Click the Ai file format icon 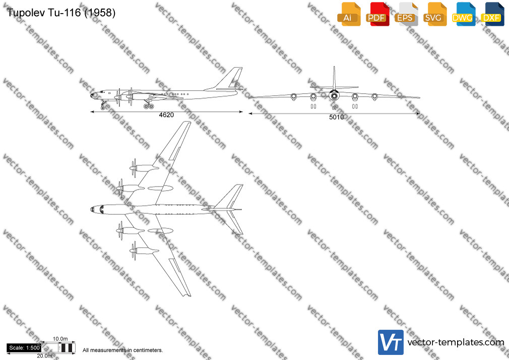[349, 14]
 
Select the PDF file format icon [377, 14]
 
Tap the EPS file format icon [406, 14]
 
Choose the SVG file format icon [434, 14]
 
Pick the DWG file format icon [463, 14]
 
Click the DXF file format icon [492, 14]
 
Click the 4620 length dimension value [166, 115]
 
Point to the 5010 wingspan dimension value [336, 117]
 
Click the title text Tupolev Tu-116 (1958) [61, 13]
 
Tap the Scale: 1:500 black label [24, 348]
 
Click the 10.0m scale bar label [60, 339]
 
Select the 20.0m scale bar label [44, 356]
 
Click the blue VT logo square [391, 342]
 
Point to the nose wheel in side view [103, 108]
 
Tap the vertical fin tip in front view [334, 67]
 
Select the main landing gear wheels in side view [149, 106]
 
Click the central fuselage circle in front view [334, 95]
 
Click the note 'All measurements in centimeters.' [122, 350]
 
